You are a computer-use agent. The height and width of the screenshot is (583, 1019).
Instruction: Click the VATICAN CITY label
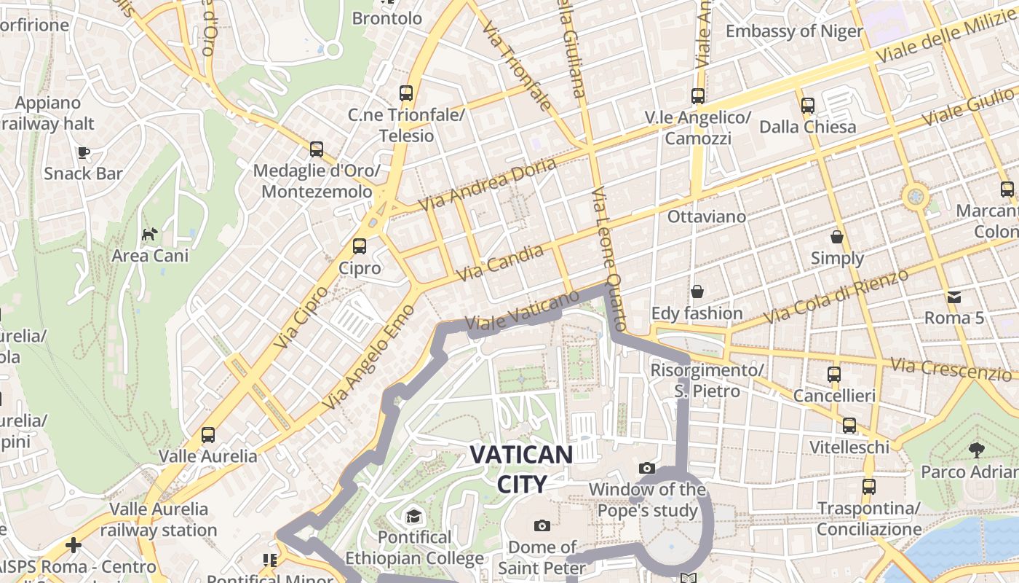(x=521, y=469)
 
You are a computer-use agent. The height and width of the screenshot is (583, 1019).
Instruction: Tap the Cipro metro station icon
(x=360, y=246)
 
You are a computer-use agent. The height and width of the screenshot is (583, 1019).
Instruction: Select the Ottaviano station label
(x=707, y=216)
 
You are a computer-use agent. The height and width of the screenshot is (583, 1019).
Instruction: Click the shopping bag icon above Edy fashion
(x=697, y=291)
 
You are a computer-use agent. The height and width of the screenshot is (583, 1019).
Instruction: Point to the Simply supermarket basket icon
(x=837, y=237)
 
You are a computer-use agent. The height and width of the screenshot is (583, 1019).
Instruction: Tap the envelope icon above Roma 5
(x=954, y=297)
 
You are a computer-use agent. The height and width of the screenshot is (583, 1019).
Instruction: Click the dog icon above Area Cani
(x=149, y=234)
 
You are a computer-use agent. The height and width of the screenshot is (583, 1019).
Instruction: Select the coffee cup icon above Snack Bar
(x=84, y=152)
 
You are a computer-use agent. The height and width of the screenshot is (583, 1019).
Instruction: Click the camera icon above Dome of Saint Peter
(x=542, y=525)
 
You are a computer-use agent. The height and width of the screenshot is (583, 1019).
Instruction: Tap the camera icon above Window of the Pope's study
(x=646, y=468)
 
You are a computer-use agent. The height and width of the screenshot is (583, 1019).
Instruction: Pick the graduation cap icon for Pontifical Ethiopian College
(x=413, y=517)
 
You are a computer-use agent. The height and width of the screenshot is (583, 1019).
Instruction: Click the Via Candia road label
(x=500, y=263)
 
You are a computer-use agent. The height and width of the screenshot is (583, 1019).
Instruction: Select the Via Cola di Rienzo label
(x=837, y=297)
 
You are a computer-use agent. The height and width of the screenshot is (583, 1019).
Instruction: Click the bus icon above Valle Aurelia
(x=208, y=435)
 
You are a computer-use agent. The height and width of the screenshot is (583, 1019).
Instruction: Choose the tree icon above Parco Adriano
(x=975, y=450)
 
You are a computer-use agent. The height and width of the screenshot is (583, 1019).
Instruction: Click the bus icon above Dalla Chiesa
(x=807, y=106)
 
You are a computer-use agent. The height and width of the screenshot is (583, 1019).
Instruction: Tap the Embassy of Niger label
(x=794, y=31)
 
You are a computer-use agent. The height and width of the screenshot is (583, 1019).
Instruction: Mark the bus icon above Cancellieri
(x=834, y=375)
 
